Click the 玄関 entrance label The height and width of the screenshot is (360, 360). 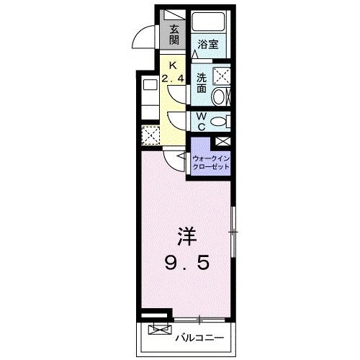point(174,34)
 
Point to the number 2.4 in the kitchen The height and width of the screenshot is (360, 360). point(173,77)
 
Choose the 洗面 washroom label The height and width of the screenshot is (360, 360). point(202,83)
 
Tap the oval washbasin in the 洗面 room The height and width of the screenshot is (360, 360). point(224,95)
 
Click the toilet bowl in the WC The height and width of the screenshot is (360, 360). point(222,121)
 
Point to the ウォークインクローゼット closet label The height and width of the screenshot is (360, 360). point(210,162)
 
